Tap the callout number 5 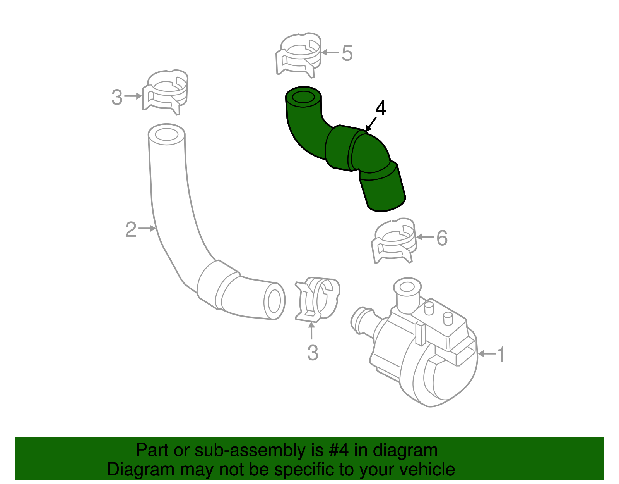click(x=347, y=53)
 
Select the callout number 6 click(x=442, y=238)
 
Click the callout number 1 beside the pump click(x=501, y=354)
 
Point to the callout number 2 click(x=131, y=229)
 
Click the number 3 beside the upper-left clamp click(x=117, y=97)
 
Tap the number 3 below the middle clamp click(x=313, y=353)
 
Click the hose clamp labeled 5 click(x=299, y=54)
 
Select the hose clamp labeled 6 click(x=394, y=240)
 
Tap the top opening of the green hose click(x=304, y=97)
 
